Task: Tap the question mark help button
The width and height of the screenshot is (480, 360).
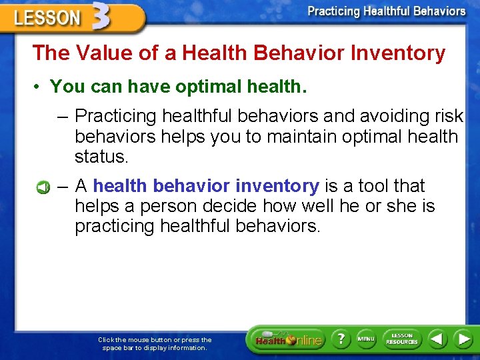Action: (x=341, y=339)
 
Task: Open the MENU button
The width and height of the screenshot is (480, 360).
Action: (x=366, y=339)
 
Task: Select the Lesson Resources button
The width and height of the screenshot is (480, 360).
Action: (x=402, y=339)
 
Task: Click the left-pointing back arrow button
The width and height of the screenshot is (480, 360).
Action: (x=437, y=339)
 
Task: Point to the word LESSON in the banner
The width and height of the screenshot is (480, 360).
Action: (x=47, y=18)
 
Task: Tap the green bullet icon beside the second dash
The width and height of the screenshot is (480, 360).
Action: (x=43, y=187)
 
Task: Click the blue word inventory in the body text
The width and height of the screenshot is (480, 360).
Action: (x=277, y=186)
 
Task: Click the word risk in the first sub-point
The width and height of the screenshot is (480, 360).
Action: (x=446, y=116)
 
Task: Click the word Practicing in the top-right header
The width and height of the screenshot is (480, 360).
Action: (x=333, y=11)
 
